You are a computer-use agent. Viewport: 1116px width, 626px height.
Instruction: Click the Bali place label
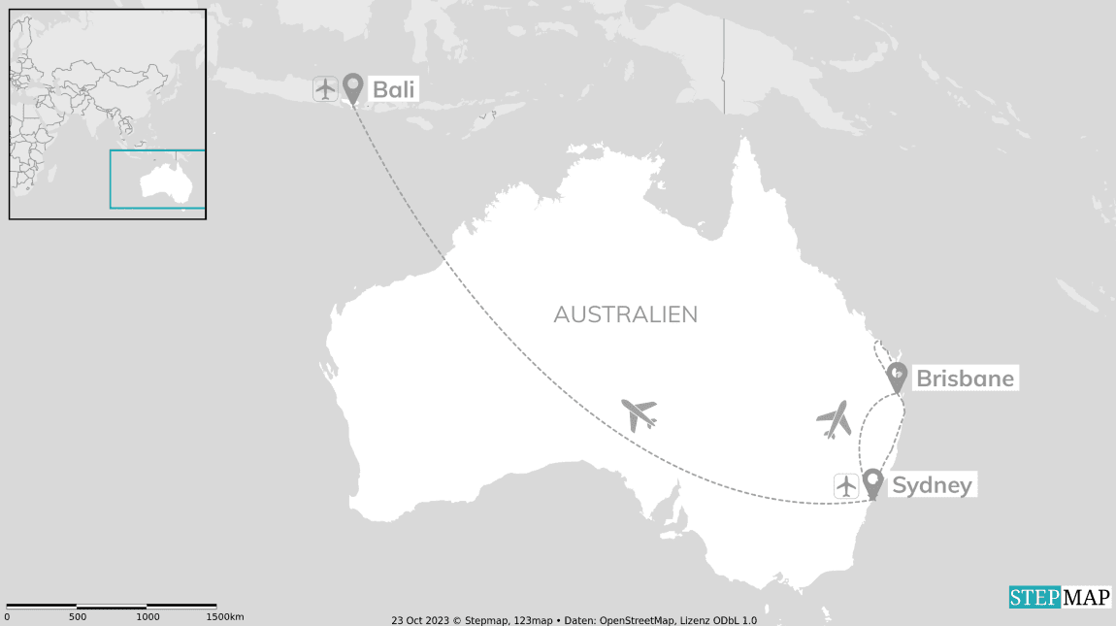[394, 89]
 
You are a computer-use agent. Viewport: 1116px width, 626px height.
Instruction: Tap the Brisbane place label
[965, 379]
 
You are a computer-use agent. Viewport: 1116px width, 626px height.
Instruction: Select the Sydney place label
[932, 485]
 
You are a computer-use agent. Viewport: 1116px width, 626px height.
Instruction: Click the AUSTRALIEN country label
[625, 314]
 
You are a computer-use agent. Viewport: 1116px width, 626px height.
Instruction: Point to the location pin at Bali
[352, 87]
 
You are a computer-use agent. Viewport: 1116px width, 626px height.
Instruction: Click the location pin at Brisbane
[898, 377]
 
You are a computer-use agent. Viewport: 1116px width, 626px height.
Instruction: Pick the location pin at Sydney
[872, 482]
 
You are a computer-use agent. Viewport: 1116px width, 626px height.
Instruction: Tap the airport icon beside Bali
[325, 88]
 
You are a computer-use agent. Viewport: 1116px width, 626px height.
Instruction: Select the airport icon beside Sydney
[846, 485]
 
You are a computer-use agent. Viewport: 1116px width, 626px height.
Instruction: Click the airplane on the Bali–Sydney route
[639, 413]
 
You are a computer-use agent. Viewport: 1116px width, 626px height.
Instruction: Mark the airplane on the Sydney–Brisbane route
[834, 419]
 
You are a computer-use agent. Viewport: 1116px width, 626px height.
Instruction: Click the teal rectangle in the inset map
[157, 180]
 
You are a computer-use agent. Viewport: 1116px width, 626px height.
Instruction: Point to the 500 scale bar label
[78, 617]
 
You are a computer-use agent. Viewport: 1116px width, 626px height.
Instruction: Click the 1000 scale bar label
[148, 617]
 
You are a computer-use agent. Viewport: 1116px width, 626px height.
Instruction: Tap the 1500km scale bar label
[224, 617]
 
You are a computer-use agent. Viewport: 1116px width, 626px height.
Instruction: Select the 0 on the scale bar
[7, 617]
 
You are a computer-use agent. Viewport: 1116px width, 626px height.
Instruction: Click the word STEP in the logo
[1034, 598]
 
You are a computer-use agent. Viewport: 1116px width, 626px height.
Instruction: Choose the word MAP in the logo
[1086, 598]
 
